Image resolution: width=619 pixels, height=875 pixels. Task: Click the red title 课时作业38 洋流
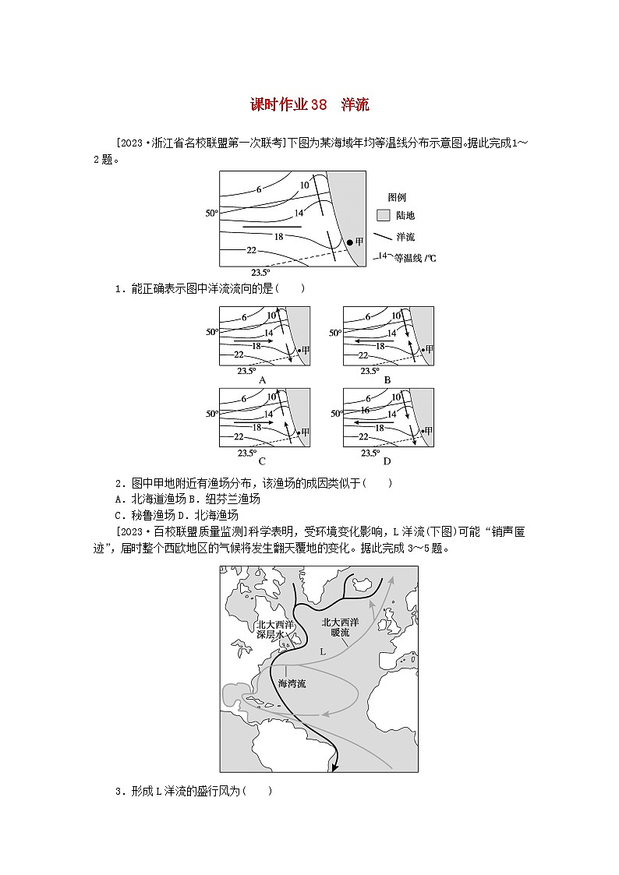309,104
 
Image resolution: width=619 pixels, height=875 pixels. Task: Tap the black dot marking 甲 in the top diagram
350,242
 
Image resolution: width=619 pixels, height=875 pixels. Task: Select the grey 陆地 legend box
383,215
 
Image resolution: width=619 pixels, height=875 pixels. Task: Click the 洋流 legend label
405,236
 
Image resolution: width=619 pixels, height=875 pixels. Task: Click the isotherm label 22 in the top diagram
251,250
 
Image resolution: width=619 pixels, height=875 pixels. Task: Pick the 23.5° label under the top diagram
260,272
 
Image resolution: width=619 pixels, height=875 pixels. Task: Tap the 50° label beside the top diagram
211,213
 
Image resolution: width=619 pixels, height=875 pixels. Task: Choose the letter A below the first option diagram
263,380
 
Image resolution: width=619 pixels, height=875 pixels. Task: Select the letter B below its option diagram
387,380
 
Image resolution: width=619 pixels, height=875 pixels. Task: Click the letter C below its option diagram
263,461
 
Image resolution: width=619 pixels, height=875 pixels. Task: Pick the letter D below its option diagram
387,461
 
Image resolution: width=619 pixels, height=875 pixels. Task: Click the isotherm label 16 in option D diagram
364,410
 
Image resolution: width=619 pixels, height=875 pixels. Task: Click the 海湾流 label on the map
292,683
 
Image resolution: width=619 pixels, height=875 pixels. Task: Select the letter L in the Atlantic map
322,651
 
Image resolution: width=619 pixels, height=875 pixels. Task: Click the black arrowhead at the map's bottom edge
334,767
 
